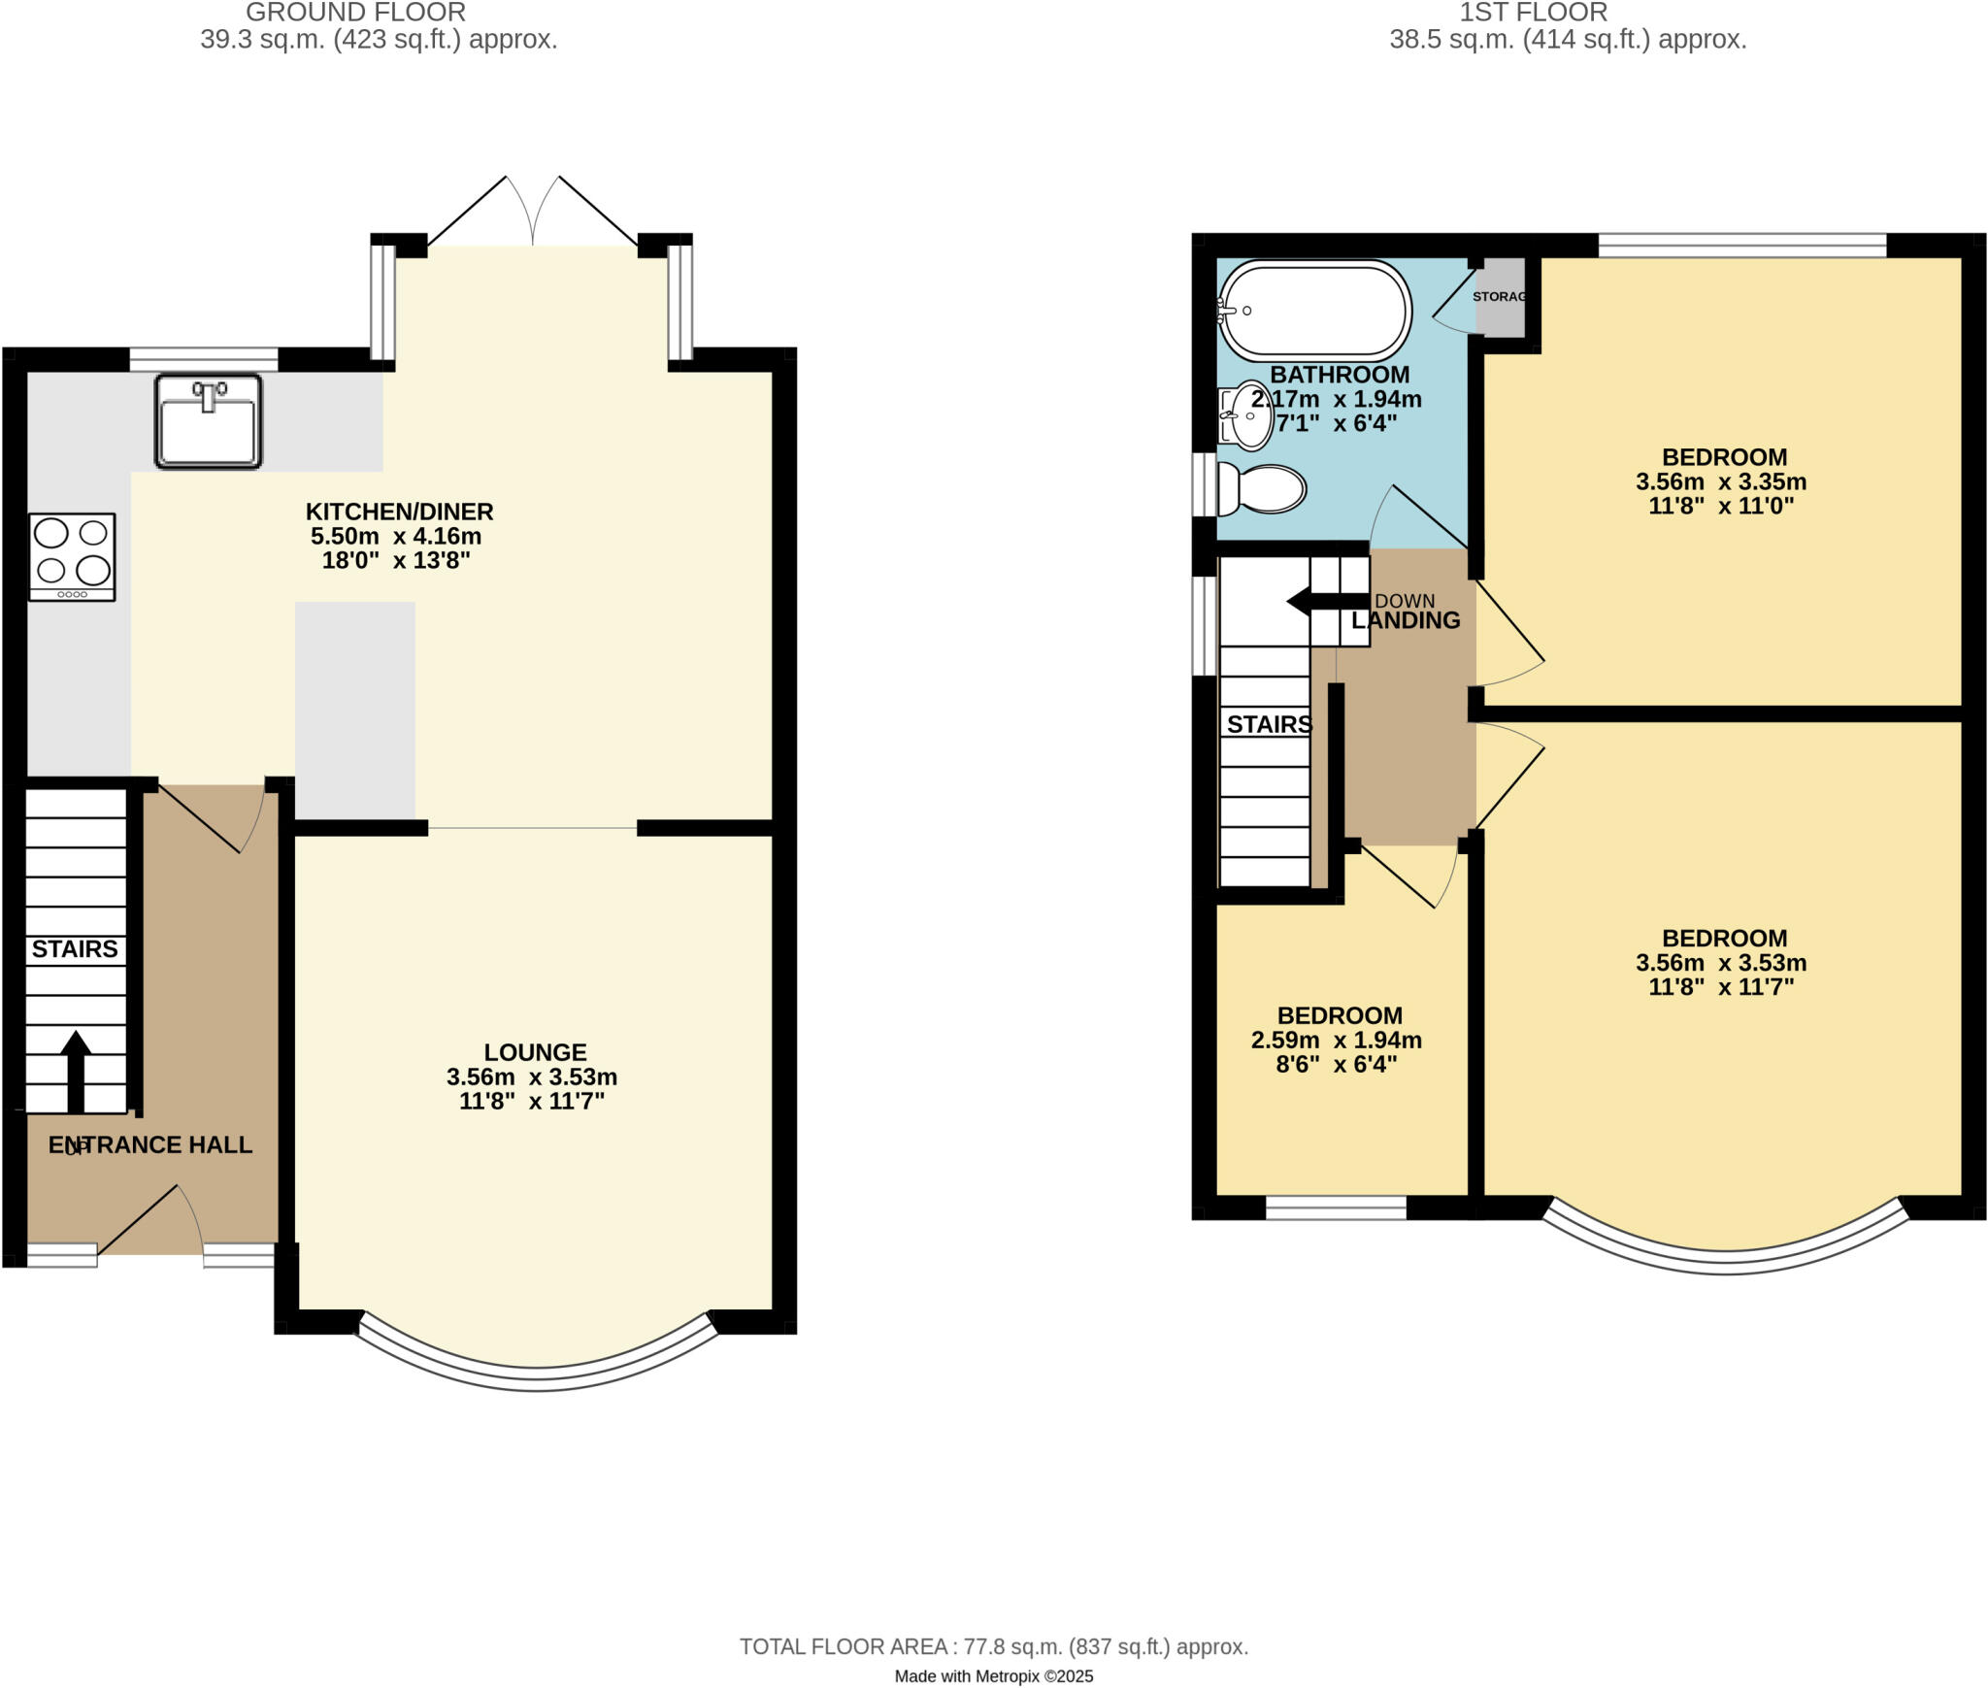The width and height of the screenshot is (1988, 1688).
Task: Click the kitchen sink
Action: [208, 421]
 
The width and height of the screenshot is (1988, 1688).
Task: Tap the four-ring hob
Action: [72, 557]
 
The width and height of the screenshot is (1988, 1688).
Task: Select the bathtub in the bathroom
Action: [1314, 311]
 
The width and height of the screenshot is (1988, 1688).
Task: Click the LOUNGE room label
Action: [535, 1052]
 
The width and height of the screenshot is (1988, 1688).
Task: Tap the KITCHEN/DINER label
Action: [399, 512]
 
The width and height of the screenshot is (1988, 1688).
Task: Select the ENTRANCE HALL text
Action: [150, 1145]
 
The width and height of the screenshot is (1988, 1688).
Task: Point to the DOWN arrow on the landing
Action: [1325, 602]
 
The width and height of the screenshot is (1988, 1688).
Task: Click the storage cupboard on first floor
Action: [1501, 297]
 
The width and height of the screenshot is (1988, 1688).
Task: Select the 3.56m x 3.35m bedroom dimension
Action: [1720, 481]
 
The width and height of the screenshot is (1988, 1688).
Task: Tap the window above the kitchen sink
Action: [204, 359]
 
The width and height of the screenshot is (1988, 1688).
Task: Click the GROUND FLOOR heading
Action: [355, 13]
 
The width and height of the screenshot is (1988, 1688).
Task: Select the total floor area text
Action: [993, 1646]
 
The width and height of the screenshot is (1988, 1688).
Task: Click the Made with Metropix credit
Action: [993, 1676]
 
